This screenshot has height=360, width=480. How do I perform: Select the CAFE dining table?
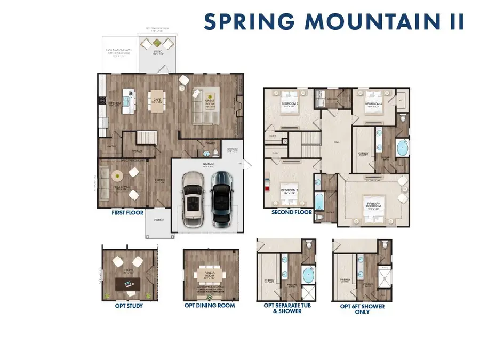click(x=157, y=101)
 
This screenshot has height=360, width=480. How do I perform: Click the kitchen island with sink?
click(x=128, y=100)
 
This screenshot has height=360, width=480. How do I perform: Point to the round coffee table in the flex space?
click(x=117, y=174)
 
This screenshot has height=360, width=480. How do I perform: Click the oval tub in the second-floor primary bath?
click(x=402, y=147)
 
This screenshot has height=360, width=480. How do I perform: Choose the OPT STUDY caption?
click(x=128, y=306)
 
